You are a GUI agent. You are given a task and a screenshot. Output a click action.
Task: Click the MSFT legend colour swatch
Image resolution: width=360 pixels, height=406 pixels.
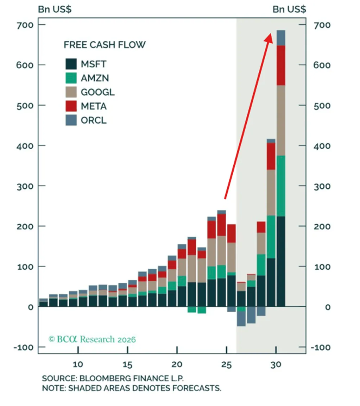click(71, 64)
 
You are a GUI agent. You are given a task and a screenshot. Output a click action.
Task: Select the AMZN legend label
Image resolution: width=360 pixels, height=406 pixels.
click(95, 78)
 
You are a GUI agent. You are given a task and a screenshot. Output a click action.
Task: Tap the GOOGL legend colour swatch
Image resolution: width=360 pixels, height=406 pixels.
click(71, 92)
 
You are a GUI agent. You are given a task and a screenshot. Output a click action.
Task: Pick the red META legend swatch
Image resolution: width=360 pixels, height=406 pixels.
click(71, 106)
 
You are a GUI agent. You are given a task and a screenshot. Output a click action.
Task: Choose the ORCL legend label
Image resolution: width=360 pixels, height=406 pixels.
click(94, 120)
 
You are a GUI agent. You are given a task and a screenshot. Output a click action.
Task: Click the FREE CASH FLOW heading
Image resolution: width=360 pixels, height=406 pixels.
click(105, 45)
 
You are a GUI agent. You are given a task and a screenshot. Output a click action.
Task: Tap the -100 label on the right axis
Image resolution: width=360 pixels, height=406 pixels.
click(320, 348)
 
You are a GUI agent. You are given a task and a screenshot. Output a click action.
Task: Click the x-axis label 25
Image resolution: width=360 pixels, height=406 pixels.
click(227, 364)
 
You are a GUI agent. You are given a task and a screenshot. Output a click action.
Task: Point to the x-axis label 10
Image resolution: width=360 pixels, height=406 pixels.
click(78, 364)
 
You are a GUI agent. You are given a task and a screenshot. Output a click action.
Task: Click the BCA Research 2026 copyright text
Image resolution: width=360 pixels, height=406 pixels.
click(92, 339)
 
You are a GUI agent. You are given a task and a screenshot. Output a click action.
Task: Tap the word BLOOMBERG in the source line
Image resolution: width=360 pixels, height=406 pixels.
click(105, 378)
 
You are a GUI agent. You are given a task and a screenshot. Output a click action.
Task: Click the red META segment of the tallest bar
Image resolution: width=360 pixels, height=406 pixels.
click(281, 65)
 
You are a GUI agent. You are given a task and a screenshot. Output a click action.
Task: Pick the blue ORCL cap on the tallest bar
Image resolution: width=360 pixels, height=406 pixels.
click(281, 38)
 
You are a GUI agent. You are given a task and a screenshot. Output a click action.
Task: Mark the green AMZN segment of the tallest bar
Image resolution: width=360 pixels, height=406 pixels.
click(281, 186)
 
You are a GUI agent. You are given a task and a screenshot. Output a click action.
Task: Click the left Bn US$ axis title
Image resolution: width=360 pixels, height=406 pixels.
click(55, 9)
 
